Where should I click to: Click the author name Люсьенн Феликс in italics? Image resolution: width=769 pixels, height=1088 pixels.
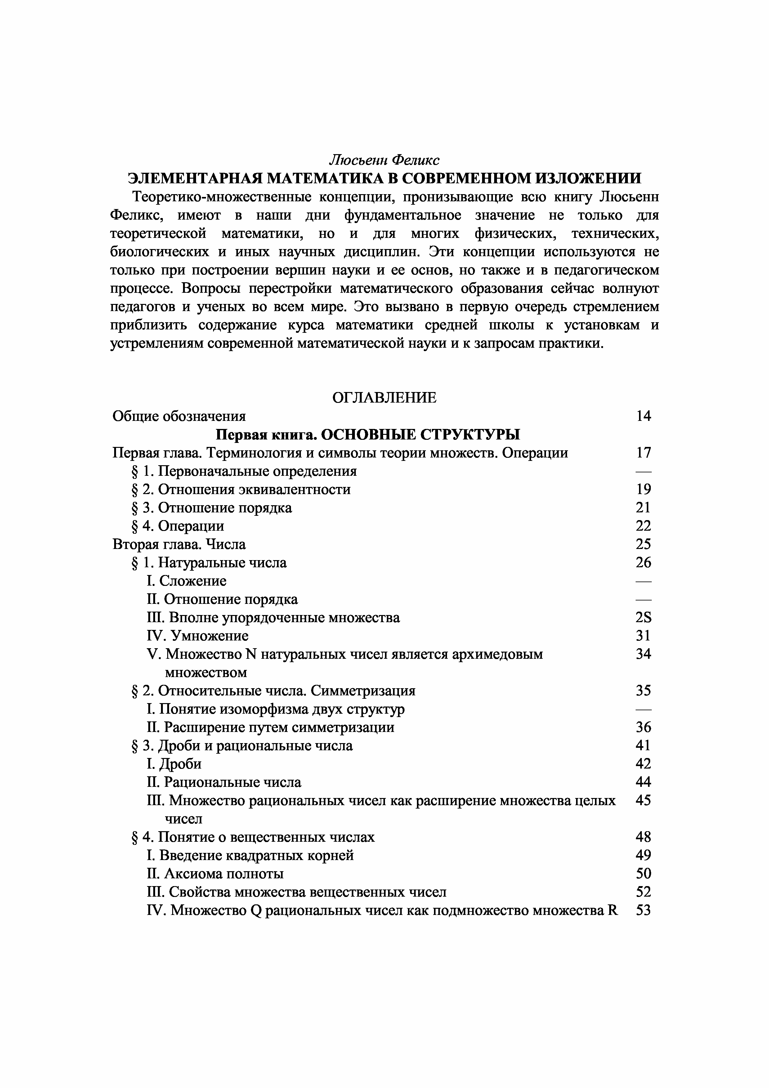[x=384, y=160]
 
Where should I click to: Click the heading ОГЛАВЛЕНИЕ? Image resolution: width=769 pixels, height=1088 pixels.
[x=384, y=398]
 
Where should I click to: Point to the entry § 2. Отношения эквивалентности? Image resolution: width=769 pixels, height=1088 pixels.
[x=241, y=489]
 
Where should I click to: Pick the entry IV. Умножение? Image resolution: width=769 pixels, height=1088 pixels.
[x=198, y=635]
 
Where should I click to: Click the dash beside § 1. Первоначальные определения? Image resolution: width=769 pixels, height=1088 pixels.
[x=643, y=471]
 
